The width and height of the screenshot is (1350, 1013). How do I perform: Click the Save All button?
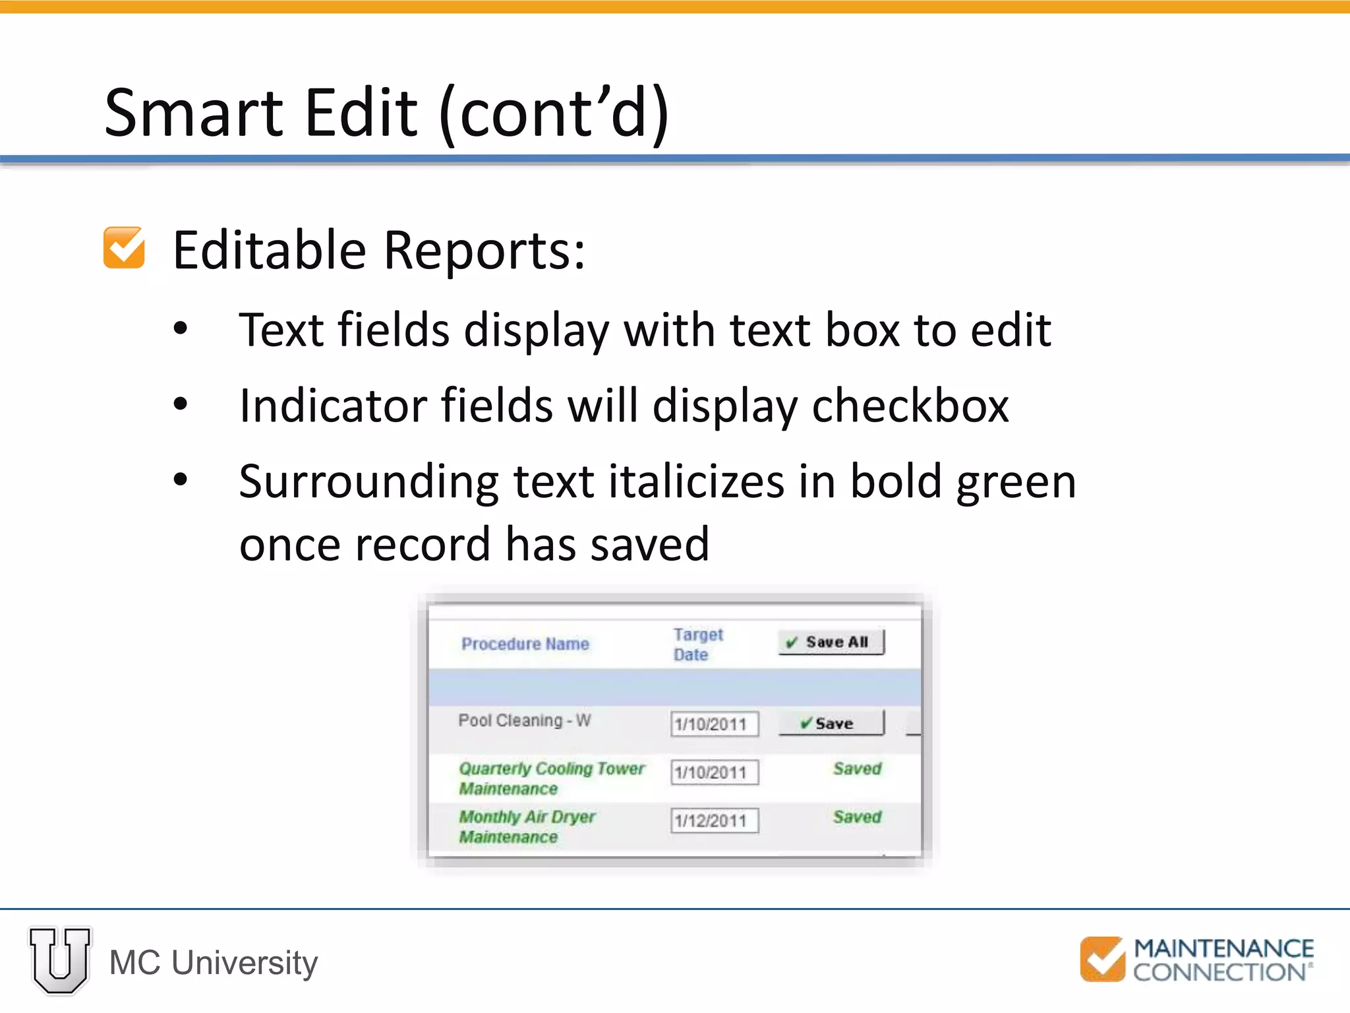pos(831,642)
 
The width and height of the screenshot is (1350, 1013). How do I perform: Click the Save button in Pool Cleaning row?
pos(831,723)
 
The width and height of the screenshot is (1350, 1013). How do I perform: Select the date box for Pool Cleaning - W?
pos(715,723)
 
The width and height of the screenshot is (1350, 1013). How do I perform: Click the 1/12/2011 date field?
pos(715,820)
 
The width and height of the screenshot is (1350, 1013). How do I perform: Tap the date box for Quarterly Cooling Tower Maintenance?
pos(715,772)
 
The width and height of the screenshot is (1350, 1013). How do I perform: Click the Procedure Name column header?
pos(525,644)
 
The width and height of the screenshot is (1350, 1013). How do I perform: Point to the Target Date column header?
pos(697,644)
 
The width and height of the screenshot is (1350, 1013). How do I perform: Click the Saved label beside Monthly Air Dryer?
pos(857,816)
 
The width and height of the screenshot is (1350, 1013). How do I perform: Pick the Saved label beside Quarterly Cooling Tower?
pos(857,768)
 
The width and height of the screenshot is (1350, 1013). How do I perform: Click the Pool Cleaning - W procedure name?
pos(524,720)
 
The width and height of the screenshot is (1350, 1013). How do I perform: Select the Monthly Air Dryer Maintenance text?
pos(526,826)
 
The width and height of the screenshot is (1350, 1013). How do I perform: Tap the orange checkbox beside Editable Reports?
pos(124,248)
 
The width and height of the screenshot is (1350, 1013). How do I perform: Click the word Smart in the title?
pos(193,113)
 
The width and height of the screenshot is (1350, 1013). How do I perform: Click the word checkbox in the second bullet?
pos(910,405)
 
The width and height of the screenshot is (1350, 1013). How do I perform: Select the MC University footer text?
pos(213,962)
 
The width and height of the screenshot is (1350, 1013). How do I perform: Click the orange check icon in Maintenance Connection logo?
pos(1102,959)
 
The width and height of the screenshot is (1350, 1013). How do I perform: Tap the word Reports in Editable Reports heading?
pos(484,251)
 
